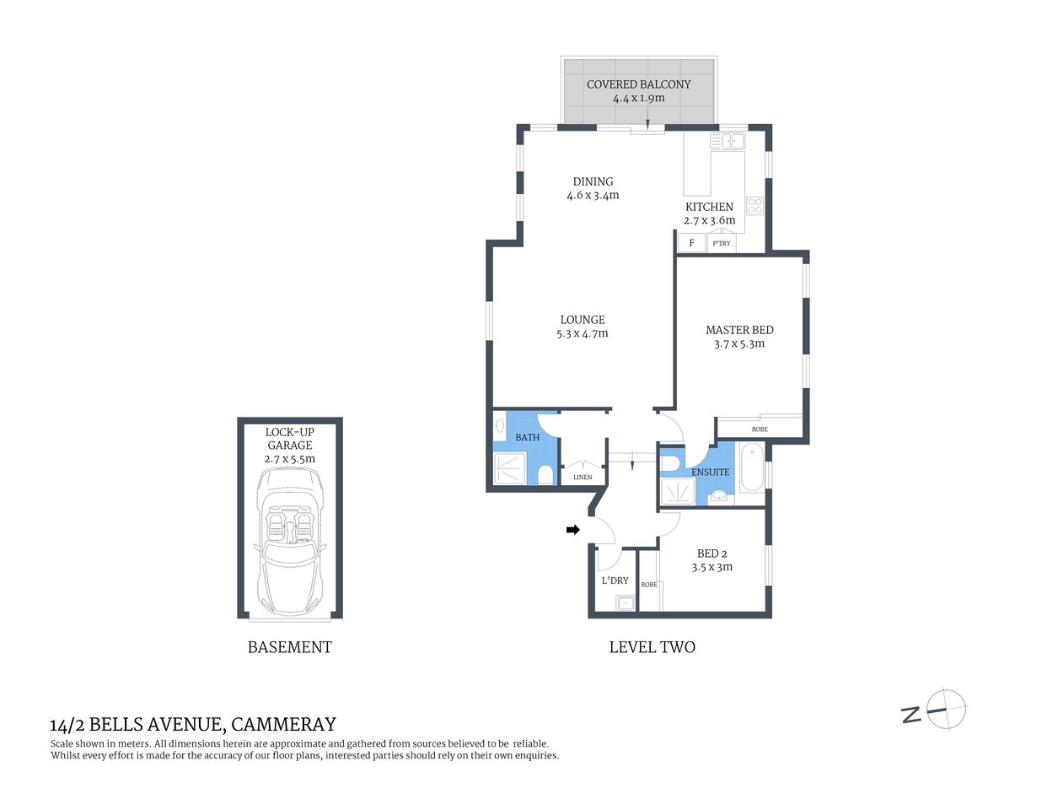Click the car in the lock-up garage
tap(289, 542)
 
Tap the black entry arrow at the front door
tap(573, 530)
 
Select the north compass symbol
tap(944, 709)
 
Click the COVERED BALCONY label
tap(638, 84)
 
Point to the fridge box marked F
tap(692, 243)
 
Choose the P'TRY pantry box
tap(722, 243)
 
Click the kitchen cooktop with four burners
tap(754, 206)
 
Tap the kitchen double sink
tap(727, 142)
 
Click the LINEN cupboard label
tap(583, 477)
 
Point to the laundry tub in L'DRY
tap(625, 602)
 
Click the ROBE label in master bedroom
tap(760, 429)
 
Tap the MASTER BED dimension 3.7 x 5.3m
tap(739, 344)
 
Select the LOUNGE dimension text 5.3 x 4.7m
tap(583, 334)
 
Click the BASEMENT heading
tap(289, 647)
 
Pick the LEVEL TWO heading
tap(652, 647)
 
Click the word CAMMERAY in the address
tap(283, 724)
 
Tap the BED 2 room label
tap(711, 553)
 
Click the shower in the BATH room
tap(510, 468)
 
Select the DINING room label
tap(593, 181)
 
